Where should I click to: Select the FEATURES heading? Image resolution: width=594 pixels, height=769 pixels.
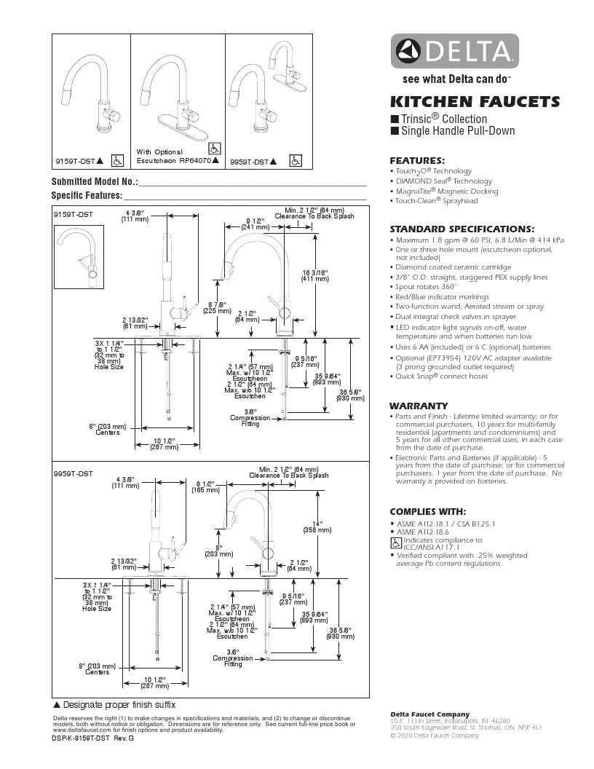tap(417, 160)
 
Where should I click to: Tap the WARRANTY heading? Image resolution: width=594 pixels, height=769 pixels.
tap(419, 406)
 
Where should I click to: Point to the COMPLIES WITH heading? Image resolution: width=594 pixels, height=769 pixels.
tap(427, 511)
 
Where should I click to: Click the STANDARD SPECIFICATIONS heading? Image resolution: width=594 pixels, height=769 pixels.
tap(462, 229)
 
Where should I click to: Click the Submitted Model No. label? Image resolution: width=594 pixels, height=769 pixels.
tap(94, 181)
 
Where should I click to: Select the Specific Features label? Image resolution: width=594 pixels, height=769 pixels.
tap(86, 195)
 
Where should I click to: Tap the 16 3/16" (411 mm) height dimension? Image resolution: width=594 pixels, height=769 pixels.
tap(315, 275)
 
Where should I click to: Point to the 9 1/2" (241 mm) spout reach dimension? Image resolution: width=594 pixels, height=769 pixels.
tap(254, 224)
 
